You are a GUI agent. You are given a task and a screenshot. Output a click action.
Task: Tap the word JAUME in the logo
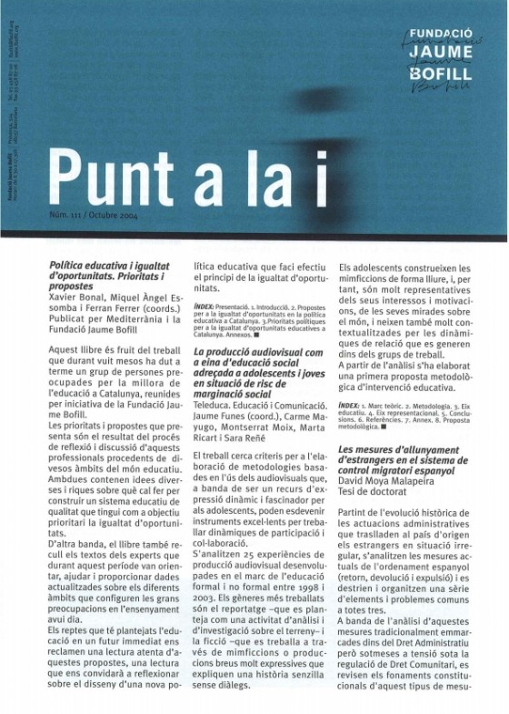[x=440, y=52]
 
